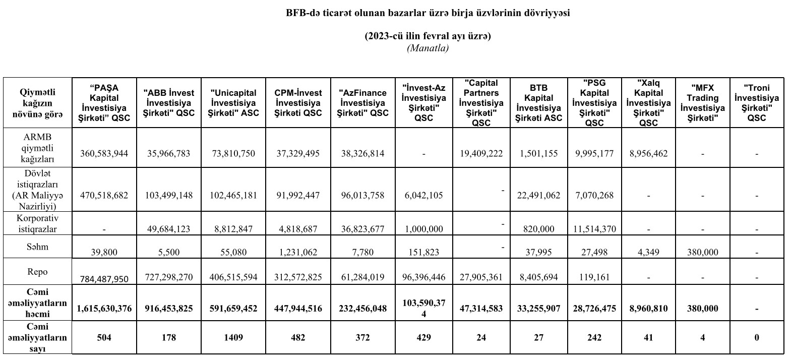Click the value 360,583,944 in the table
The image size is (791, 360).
(x=104, y=153)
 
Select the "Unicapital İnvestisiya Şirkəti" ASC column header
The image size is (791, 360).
(x=233, y=103)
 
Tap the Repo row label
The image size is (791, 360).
(x=38, y=272)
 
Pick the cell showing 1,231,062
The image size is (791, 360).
(x=298, y=252)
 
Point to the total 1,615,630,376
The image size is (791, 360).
(x=104, y=308)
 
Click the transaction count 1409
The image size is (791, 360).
(x=233, y=337)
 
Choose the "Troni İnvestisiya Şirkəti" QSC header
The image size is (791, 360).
(x=756, y=103)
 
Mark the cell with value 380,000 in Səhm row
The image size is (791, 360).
(x=702, y=252)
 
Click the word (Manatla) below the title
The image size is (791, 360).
(x=428, y=48)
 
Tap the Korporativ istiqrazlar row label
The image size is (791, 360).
(x=38, y=223)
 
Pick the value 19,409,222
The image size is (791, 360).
(x=481, y=153)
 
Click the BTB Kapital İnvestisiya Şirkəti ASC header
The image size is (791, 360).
(x=538, y=103)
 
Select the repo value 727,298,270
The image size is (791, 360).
(x=169, y=277)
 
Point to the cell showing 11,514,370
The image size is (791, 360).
(x=594, y=228)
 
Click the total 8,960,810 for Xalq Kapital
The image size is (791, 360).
(x=648, y=308)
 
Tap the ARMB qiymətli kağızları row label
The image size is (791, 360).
(x=38, y=148)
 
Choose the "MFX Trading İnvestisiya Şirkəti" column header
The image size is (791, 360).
(x=702, y=103)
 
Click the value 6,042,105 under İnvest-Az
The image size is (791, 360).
(x=423, y=195)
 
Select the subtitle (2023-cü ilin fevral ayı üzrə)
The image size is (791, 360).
(x=428, y=36)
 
